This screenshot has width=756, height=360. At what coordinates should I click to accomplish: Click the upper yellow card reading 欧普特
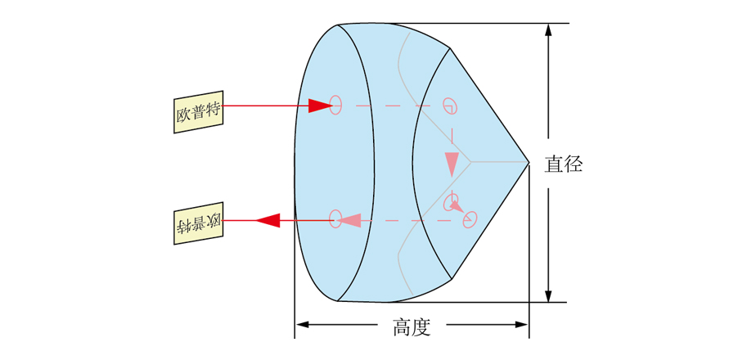click(199, 112)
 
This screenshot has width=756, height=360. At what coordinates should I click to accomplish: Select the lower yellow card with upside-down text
click(199, 223)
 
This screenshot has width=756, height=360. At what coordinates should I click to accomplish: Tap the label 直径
click(564, 164)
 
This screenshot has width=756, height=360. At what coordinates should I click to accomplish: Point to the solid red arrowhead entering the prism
click(319, 106)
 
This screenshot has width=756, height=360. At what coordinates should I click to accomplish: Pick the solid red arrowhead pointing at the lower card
click(268, 220)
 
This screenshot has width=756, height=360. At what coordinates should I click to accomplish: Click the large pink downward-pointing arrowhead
click(452, 164)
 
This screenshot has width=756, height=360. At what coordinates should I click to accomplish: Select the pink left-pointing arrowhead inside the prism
click(350, 220)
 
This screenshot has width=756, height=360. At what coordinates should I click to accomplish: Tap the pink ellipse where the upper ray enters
click(335, 105)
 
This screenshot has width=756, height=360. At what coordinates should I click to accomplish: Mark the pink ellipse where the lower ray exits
click(335, 218)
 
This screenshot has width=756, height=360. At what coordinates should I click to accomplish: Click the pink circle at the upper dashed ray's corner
click(450, 105)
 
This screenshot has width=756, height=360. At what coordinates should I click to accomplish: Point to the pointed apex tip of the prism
click(529, 162)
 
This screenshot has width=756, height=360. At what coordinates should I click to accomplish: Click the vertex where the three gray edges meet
click(471, 161)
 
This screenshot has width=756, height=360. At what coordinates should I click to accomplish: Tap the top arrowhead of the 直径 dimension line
click(547, 30)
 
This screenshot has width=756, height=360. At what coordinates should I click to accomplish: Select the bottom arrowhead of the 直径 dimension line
click(547, 295)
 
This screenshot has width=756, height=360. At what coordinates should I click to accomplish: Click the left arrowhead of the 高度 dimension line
click(302, 325)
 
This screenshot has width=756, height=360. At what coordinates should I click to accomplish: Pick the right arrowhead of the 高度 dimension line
click(522, 325)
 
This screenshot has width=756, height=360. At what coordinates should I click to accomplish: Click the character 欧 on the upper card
click(183, 115)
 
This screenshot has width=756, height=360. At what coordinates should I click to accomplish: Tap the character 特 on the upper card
click(213, 110)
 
